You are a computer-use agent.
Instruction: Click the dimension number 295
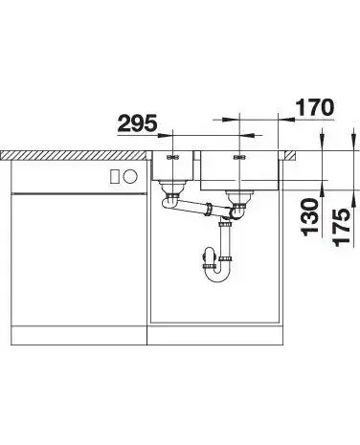click(138, 123)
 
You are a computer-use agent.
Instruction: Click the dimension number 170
click(315, 107)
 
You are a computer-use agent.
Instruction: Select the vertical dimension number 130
click(309, 217)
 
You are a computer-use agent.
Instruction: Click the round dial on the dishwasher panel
click(130, 176)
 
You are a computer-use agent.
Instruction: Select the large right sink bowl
click(240, 170)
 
